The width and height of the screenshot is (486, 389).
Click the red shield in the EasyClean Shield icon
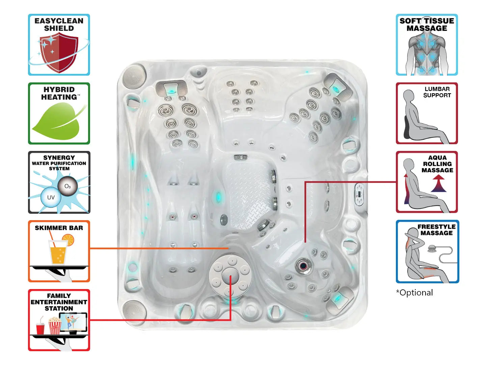point(58,52)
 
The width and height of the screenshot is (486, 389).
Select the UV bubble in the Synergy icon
point(51,198)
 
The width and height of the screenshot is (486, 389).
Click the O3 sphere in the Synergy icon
point(67,186)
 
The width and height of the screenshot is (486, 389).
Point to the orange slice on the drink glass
point(68,239)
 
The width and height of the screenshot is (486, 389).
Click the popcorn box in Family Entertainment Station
point(55,326)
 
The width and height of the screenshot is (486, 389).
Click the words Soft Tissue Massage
point(427,25)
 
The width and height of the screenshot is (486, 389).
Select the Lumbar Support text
point(437,92)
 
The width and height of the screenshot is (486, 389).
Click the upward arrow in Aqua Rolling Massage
point(438,184)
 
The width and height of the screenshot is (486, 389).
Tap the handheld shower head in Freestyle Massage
point(432,249)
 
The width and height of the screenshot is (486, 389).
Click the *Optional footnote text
point(414,293)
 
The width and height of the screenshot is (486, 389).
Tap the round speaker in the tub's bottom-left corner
point(134,311)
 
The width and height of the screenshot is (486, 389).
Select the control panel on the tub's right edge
point(360,194)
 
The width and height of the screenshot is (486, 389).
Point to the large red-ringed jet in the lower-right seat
point(303,266)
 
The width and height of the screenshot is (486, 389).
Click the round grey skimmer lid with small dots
point(231,276)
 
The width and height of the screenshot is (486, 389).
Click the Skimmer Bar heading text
point(59,228)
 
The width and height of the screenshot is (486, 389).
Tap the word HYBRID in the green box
point(59,89)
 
